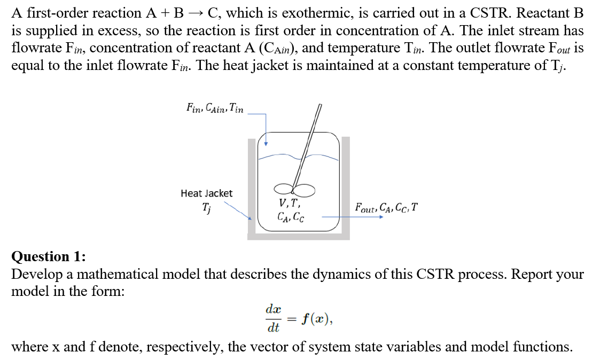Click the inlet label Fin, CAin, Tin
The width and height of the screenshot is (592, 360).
coord(215,108)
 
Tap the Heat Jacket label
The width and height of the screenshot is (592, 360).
coord(206,193)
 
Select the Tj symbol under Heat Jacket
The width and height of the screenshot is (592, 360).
coord(206,207)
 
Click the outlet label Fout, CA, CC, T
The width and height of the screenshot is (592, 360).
coord(386,207)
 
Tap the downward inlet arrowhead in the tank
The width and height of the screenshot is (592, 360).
coord(266,143)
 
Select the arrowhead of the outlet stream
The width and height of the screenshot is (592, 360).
coord(381,217)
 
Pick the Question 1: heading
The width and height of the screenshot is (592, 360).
coord(49,257)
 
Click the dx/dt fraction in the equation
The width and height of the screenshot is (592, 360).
coord(273,318)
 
